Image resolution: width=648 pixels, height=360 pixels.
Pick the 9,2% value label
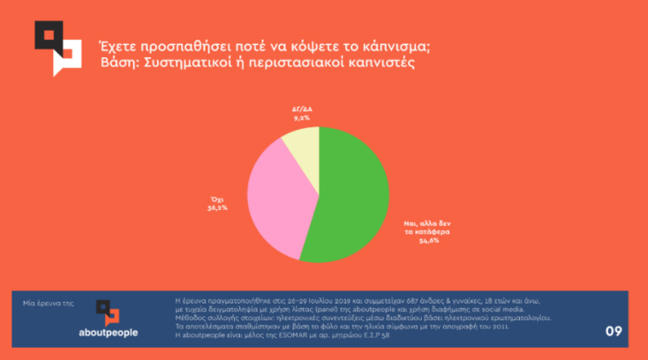(x=301, y=116)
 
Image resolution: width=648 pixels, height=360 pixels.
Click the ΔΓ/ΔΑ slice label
(x=301, y=109)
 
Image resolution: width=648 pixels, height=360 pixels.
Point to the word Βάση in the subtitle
(x=117, y=64)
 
